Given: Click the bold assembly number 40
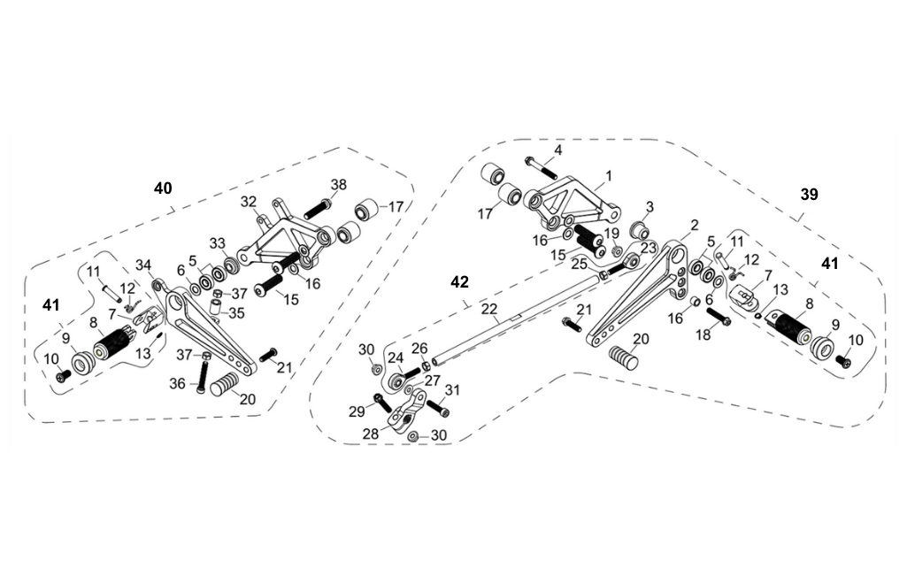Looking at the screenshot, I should [163, 188].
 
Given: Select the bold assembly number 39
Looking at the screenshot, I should [809, 196].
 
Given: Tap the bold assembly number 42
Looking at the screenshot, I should [459, 281].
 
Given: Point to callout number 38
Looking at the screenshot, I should [338, 185].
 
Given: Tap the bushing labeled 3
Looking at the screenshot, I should [635, 232].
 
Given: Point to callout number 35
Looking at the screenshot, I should [235, 313].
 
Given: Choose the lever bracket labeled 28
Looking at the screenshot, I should [404, 415].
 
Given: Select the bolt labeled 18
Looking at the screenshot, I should [717, 315].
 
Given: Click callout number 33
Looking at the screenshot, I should [217, 243].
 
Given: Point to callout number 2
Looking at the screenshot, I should [695, 225].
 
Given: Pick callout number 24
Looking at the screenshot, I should [396, 358].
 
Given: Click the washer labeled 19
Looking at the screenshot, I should [617, 252].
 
